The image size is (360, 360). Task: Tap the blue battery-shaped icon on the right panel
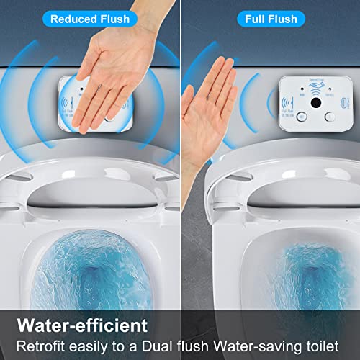tap(339, 101)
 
